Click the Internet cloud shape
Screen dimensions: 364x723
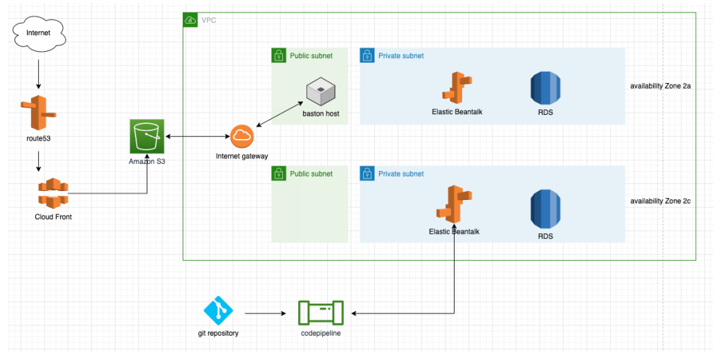coord(38,33)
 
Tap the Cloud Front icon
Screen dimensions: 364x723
coord(53,193)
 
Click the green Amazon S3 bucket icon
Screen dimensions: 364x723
coord(146,136)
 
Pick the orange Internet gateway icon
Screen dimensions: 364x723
coord(242,136)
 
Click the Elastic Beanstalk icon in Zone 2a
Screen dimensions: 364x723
coord(457,89)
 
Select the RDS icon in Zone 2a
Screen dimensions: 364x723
coord(545,89)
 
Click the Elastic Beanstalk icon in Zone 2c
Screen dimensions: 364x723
coord(453,206)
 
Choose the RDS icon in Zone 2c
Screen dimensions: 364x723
coord(545,210)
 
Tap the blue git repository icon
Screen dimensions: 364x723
coord(219,311)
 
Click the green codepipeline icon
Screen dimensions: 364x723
coord(320,313)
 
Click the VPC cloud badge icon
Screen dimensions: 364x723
coord(190,21)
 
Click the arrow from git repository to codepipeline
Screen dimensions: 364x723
coord(266,313)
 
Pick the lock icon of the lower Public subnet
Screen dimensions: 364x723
coord(279,173)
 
